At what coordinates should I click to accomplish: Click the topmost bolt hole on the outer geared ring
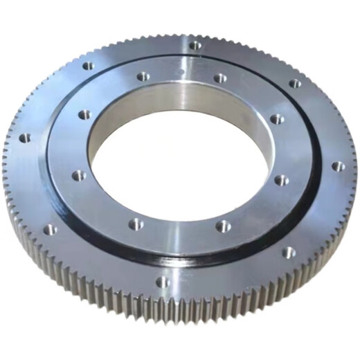[x=196, y=46]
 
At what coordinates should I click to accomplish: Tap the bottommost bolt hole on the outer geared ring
[x=162, y=282]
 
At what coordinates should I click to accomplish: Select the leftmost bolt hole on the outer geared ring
[x=25, y=138]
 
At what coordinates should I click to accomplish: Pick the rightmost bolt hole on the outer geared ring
[x=337, y=166]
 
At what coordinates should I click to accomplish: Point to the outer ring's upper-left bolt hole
[x=89, y=66]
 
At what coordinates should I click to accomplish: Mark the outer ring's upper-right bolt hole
[x=295, y=84]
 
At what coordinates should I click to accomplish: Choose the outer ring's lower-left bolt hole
[x=51, y=229]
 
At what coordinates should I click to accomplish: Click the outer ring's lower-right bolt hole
[x=287, y=252]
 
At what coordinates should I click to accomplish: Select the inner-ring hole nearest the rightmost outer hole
[x=281, y=180]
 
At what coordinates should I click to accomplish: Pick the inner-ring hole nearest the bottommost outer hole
[x=136, y=224]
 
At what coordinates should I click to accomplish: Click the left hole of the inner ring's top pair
[x=143, y=76]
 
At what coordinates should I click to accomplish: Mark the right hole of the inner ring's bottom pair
[x=223, y=226]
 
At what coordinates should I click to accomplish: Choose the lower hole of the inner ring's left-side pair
[x=80, y=175]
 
